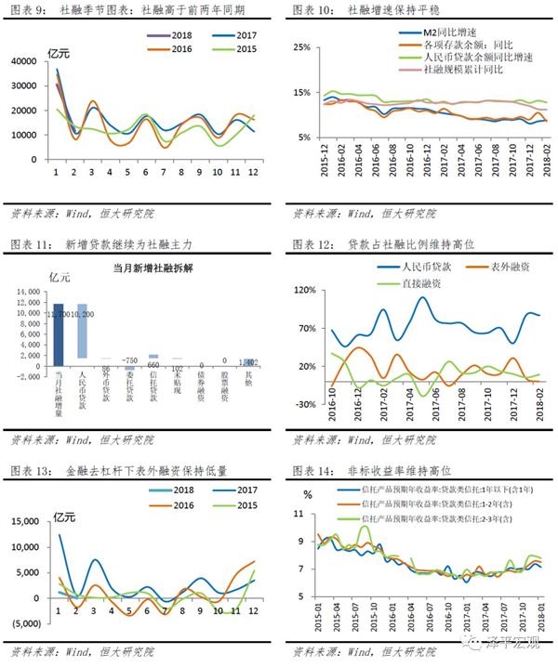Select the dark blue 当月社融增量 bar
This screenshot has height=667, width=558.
tap(58, 331)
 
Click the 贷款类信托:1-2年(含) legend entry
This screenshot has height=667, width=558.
tap(437, 504)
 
